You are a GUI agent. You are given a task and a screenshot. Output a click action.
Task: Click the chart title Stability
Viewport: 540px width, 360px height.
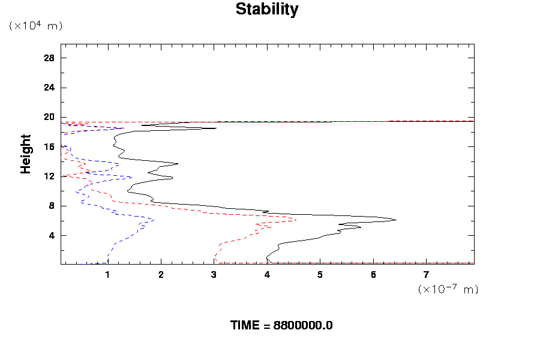[x=266, y=10]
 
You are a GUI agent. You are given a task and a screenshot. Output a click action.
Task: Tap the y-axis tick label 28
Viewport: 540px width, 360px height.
[x=49, y=58]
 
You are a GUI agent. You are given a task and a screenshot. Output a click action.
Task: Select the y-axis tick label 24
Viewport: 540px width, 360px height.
[x=49, y=88]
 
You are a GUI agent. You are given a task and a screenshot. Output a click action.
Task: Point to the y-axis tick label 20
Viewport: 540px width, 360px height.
[x=49, y=117]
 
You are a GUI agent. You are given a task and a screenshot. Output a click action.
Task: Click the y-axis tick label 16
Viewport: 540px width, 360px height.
[x=49, y=146]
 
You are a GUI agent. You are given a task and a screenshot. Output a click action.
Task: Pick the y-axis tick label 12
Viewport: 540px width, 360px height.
[x=49, y=176]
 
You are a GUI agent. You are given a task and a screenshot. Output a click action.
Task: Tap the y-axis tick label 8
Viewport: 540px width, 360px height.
[x=52, y=206]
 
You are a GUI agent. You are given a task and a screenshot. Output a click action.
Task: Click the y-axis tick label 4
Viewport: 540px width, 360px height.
[x=52, y=235]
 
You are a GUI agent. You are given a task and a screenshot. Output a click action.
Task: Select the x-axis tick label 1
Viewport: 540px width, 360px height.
[x=108, y=275]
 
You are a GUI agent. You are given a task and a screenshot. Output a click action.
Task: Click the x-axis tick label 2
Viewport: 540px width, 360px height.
[x=161, y=275]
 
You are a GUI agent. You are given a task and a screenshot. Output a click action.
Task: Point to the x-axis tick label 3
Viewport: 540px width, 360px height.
[x=214, y=275]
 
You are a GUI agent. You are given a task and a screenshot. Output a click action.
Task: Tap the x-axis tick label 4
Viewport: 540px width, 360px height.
[x=267, y=275]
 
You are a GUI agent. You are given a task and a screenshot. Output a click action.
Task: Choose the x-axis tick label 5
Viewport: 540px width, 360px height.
[x=320, y=275]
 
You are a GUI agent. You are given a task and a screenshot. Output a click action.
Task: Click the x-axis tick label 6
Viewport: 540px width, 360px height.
[x=373, y=275]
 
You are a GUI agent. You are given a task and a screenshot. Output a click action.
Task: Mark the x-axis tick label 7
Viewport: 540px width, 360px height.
[x=427, y=275]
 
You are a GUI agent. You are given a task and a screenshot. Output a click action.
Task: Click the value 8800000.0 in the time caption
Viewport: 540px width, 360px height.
[x=303, y=326]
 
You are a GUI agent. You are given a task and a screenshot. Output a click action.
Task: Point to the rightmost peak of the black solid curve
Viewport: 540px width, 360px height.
[x=396, y=220]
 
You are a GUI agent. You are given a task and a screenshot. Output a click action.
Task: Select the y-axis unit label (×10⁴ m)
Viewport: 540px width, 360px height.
[x=35, y=26]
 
